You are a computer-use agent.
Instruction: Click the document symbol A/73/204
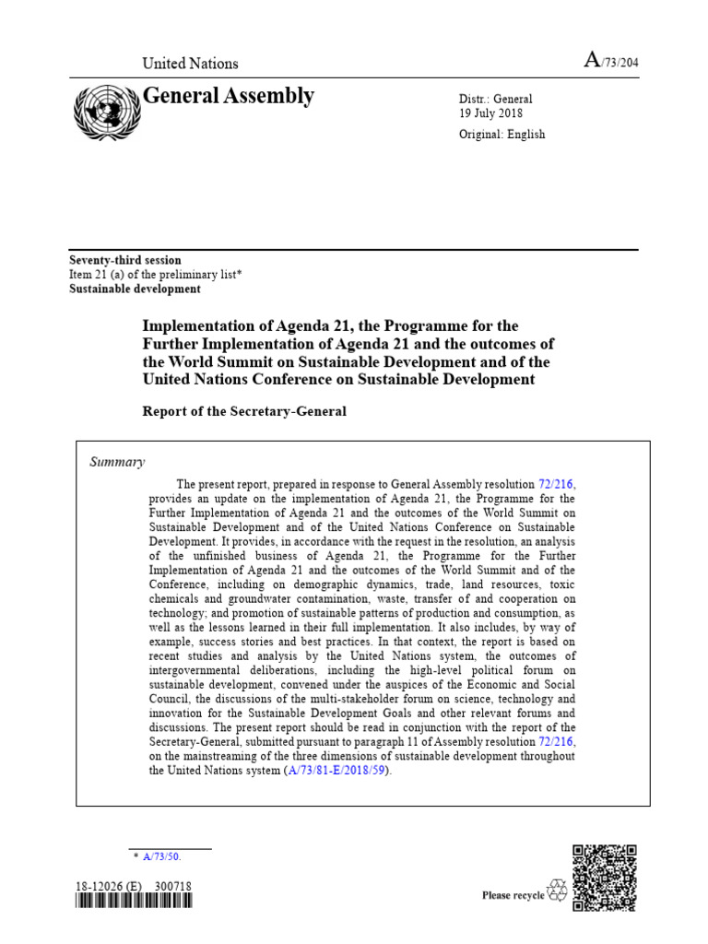pyautogui.click(x=612, y=62)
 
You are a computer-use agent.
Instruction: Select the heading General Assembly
pyautogui.click(x=229, y=96)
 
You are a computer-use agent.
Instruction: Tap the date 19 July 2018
pyautogui.click(x=490, y=114)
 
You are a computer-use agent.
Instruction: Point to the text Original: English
pyautogui.click(x=501, y=135)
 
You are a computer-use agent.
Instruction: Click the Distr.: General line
pyautogui.click(x=495, y=100)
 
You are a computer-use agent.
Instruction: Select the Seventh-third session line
pyautogui.click(x=125, y=261)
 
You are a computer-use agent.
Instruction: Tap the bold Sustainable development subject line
pyautogui.click(x=135, y=289)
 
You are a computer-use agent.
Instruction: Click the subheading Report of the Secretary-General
pyautogui.click(x=244, y=411)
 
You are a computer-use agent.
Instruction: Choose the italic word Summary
pyautogui.click(x=116, y=462)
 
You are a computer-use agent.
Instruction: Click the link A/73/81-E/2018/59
pyautogui.click(x=338, y=771)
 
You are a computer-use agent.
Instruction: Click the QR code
pyautogui.click(x=605, y=877)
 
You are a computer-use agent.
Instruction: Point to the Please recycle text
pyautogui.click(x=513, y=895)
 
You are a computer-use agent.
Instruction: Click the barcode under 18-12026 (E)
pyautogui.click(x=134, y=904)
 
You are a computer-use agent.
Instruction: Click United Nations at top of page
pyautogui.click(x=190, y=64)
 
